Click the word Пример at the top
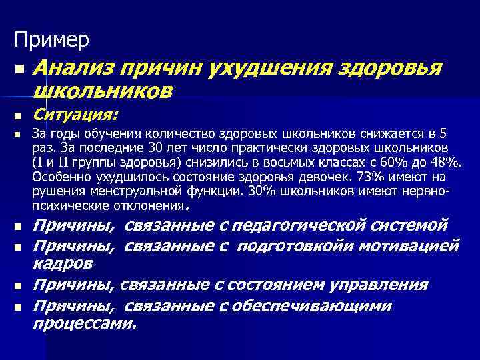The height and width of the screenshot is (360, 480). [x=52, y=40]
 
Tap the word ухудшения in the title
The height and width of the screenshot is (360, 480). [x=269, y=68]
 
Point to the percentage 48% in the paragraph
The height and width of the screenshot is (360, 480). [x=443, y=162]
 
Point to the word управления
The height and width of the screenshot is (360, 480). [x=377, y=285]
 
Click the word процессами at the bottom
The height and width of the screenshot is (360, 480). [x=83, y=323]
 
